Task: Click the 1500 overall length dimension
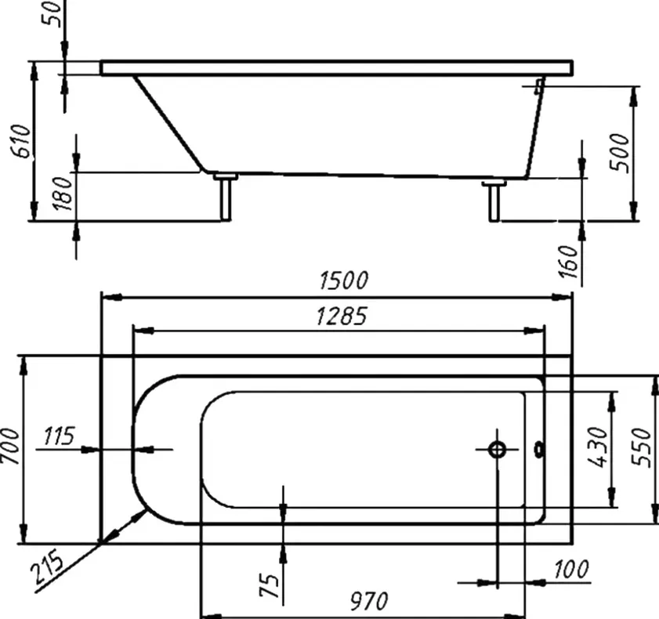[x=343, y=281]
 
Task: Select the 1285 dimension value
[x=342, y=316]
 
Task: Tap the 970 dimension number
[x=369, y=601]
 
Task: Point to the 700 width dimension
[x=11, y=447]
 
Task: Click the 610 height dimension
[x=21, y=141]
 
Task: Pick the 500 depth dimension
[x=620, y=152]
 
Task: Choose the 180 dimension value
[x=63, y=194]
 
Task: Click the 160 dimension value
[x=569, y=262]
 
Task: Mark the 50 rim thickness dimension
[x=53, y=14]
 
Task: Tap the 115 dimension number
[x=60, y=436]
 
